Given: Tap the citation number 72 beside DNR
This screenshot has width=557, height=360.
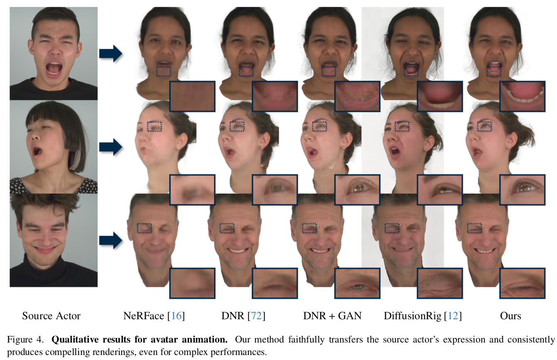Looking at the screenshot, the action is point(257,316).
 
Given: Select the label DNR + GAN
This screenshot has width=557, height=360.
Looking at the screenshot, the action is point(332,316).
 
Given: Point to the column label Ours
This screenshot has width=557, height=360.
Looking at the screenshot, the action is point(510,316).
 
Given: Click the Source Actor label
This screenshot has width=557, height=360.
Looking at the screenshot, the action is point(51,316).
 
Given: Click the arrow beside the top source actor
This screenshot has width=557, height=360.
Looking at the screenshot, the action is point(110,54).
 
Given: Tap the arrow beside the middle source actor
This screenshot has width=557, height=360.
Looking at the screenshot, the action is point(110,147).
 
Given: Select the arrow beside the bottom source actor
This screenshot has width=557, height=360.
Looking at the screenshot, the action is point(110,240).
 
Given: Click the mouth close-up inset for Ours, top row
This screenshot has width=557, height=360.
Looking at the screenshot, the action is point(522,96).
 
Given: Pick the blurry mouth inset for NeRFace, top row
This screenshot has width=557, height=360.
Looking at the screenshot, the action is point(192,96).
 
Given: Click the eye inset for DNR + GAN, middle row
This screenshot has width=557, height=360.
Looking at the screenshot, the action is point(357,190).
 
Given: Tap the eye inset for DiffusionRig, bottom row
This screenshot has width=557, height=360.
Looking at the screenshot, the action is point(439,283).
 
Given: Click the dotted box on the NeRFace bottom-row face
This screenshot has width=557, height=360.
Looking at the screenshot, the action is point(145,228).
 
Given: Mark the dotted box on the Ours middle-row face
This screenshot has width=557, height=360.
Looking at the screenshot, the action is point(484,126).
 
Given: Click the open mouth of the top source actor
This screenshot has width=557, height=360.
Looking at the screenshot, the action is point(54,68).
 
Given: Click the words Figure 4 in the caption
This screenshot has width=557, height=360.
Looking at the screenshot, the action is point(25,339).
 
